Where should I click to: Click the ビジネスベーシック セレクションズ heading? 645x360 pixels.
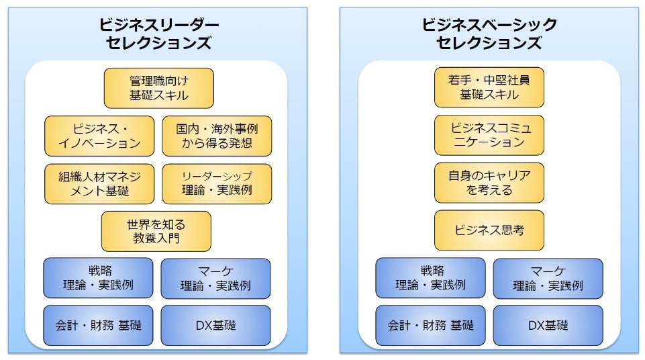[x=489, y=34]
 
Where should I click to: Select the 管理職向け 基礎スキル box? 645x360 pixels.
[x=158, y=88]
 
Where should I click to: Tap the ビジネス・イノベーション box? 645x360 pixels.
[x=99, y=136]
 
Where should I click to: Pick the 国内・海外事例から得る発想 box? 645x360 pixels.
[x=217, y=136]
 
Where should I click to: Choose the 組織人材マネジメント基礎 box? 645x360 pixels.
[x=99, y=183]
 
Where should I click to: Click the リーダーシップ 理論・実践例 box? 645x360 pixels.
[x=217, y=183]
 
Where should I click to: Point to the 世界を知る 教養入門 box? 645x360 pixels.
[x=156, y=231]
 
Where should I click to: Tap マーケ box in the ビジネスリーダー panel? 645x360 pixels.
[x=215, y=278]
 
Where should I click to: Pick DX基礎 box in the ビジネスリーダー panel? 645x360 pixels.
[x=215, y=325]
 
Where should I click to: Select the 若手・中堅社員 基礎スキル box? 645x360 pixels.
[x=489, y=87]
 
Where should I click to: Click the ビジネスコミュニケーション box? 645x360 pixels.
[x=489, y=135]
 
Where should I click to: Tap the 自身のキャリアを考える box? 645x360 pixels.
[x=489, y=183]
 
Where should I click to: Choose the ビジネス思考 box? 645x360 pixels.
[x=489, y=230]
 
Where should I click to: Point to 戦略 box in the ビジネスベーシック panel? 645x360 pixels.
[x=430, y=278]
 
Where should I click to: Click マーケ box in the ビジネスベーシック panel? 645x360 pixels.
[x=548, y=278]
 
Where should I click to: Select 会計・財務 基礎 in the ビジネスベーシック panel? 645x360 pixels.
[x=430, y=325]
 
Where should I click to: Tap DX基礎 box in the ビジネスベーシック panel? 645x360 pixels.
[x=548, y=325]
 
